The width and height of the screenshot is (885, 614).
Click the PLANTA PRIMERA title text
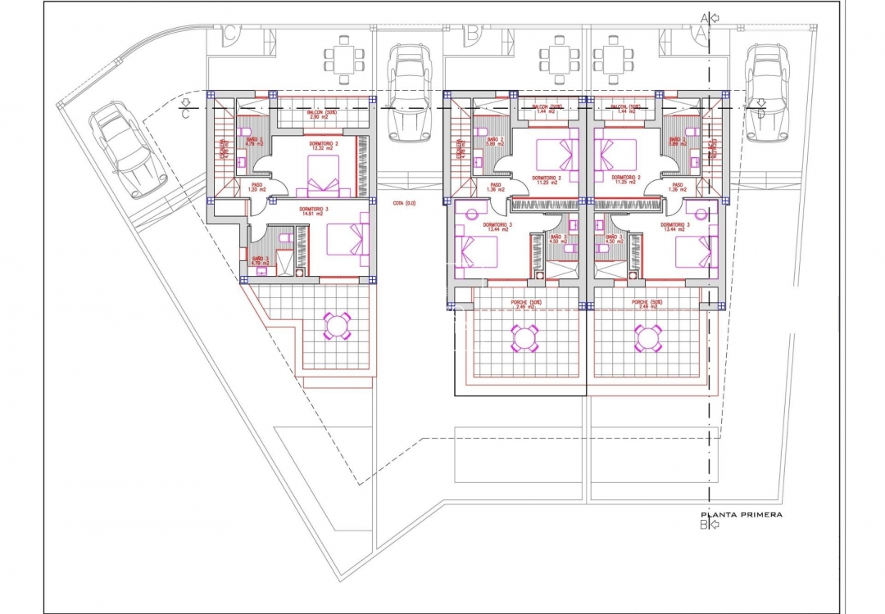coord(741,515)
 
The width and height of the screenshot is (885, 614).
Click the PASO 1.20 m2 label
coord(257,187)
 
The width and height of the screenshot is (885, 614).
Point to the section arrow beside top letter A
coord(715,17)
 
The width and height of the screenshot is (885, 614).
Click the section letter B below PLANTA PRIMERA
coord(703,526)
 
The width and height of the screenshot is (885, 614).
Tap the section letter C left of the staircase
coord(186,114)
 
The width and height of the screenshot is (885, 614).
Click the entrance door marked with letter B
coord(473,34)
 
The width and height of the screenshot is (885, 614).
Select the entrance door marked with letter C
coord(231,34)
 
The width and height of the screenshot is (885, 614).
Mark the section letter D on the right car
coord(761,114)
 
